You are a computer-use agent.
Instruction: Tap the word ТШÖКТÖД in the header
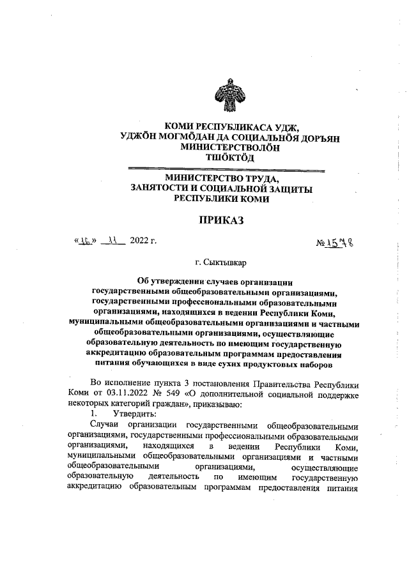pos(227,157)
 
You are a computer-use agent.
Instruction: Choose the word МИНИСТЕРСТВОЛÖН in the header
pos(228,147)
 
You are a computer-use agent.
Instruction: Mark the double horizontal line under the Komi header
pos(227,169)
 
